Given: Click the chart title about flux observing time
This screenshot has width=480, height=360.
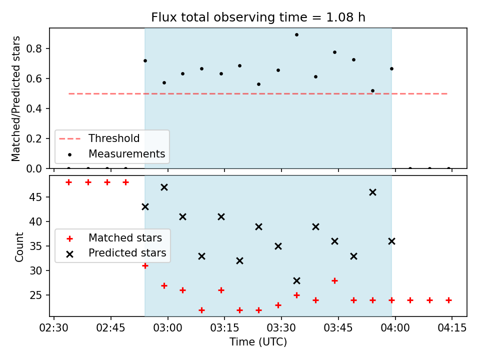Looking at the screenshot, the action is [258, 17].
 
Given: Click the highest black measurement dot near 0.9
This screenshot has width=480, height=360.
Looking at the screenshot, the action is [296, 35].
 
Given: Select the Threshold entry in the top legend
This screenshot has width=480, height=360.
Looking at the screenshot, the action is [99, 138].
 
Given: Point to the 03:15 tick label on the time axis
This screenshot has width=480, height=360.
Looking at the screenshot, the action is [224, 328].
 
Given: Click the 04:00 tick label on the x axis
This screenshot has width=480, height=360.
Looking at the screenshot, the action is [395, 328].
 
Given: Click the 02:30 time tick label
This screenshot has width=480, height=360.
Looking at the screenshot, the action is [54, 328].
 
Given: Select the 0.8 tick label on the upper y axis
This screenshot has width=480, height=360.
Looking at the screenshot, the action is [34, 48].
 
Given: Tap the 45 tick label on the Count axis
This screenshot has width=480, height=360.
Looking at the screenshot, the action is [35, 197].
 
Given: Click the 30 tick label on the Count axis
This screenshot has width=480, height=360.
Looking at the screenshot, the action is [35, 270].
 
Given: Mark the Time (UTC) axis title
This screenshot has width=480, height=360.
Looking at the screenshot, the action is [258, 341].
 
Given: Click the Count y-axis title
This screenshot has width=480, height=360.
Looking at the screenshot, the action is [19, 247].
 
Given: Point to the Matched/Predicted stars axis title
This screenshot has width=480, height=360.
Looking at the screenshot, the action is [15, 98].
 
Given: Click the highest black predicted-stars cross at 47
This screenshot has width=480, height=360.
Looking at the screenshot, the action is [164, 187].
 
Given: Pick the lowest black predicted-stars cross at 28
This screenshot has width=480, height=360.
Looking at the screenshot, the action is [296, 280].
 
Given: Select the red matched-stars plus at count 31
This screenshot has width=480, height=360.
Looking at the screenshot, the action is [145, 265].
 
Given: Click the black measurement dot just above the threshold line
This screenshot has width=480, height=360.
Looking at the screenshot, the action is [372, 91].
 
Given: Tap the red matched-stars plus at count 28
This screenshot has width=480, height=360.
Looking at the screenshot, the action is [334, 280].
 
